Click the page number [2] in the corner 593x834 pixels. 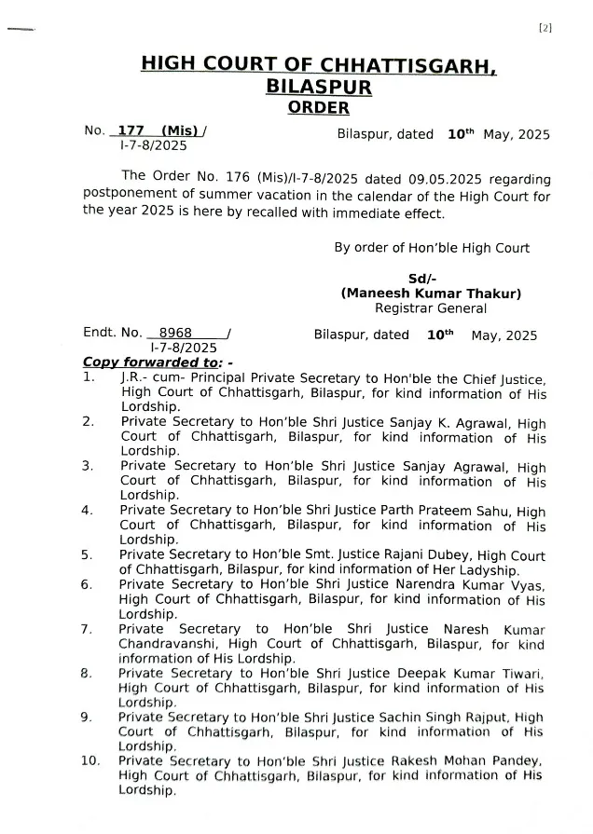(545, 28)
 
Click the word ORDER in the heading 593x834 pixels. (319, 108)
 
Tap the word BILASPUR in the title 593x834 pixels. (319, 87)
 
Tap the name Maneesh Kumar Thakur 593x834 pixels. (431, 294)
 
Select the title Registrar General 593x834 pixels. (431, 308)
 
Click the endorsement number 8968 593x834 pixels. (175, 333)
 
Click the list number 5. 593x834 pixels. (87, 556)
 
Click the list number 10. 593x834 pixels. (90, 761)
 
